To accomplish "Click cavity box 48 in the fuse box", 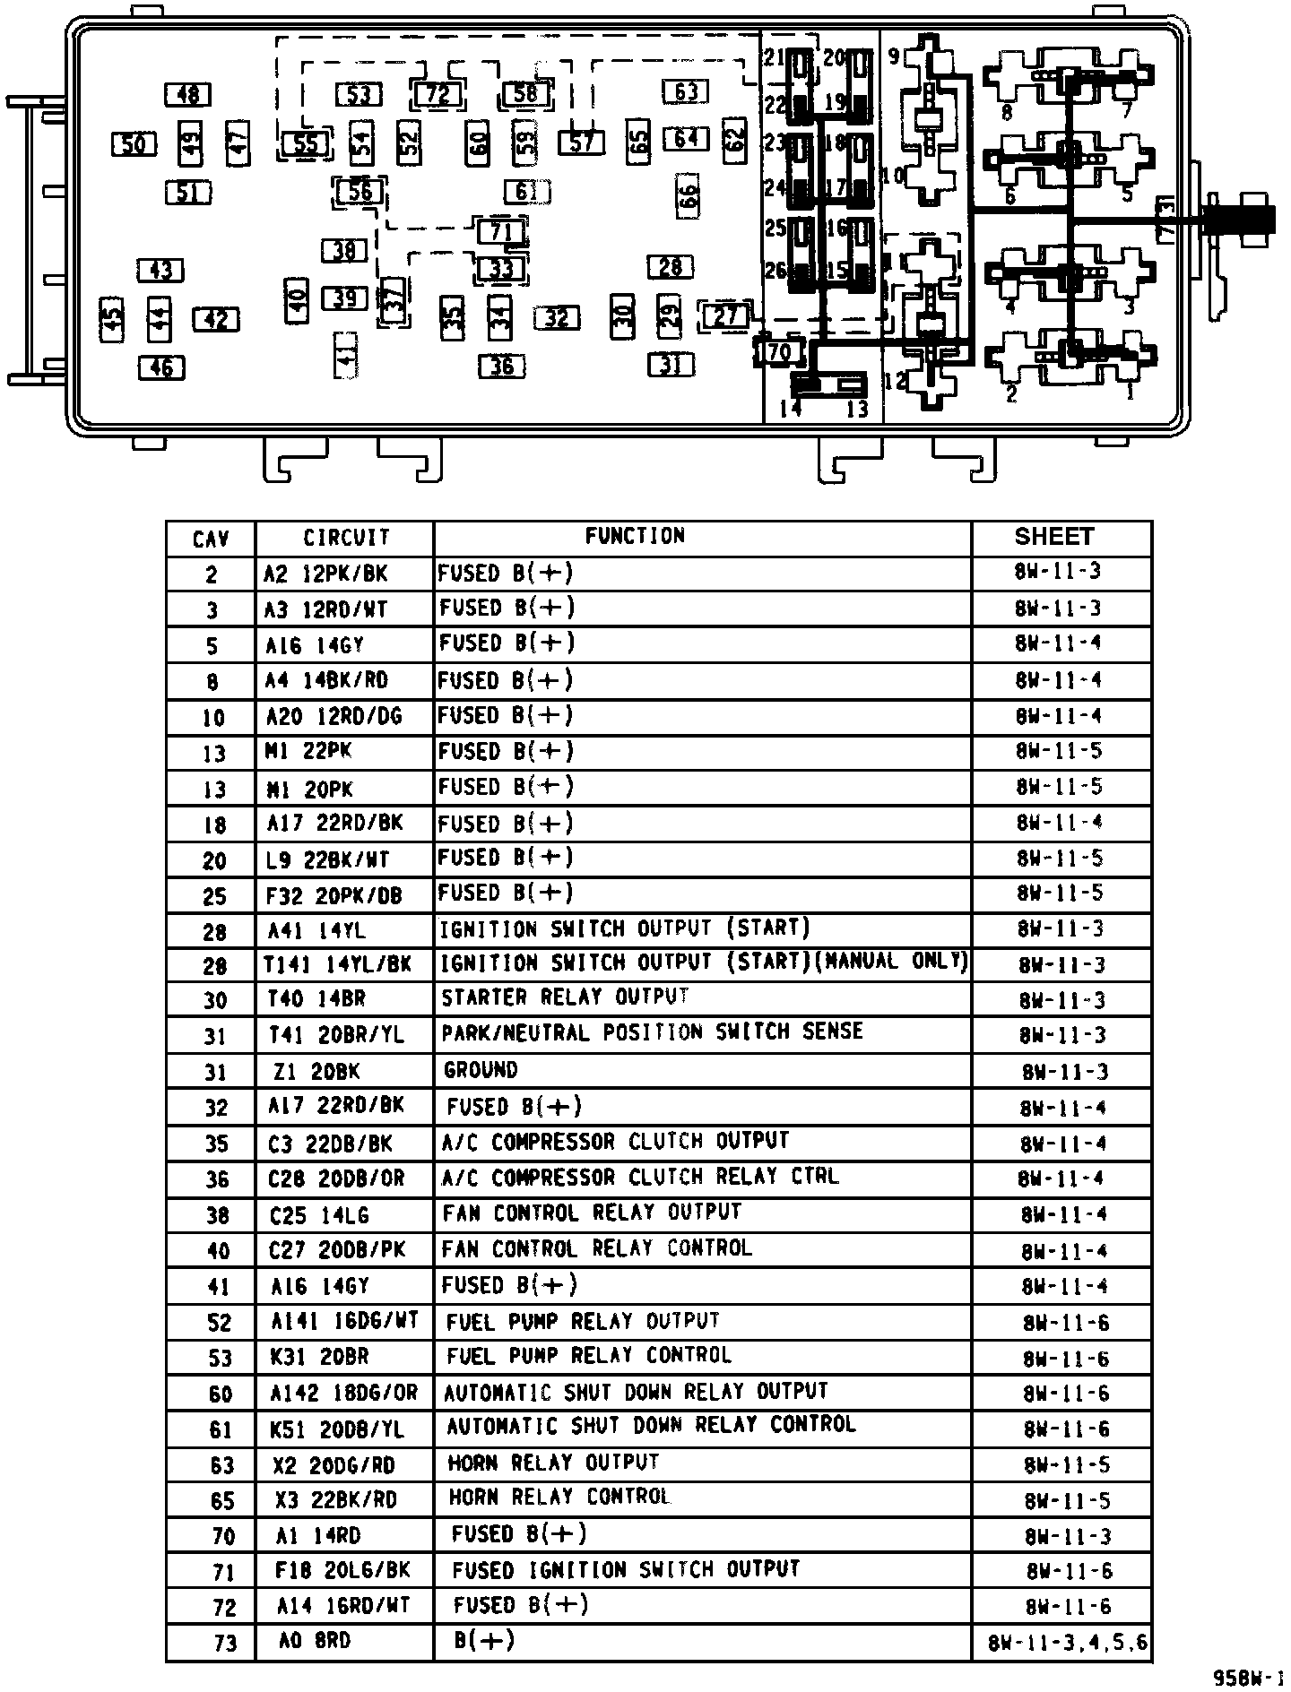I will [188, 94].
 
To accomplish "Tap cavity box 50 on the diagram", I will [134, 142].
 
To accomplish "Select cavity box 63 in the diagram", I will [686, 91].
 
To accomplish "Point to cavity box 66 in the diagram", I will [688, 196].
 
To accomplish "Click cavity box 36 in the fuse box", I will [502, 366].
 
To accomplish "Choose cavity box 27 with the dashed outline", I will [726, 315].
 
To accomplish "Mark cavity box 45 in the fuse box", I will [111, 320].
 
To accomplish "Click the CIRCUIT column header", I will [345, 538].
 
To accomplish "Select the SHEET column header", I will [1054, 537].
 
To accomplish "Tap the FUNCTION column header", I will [635, 536].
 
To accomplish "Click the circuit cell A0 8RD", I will [315, 1641].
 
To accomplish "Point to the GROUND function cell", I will [481, 1070].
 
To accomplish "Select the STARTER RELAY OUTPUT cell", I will [566, 997].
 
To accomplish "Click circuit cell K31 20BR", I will [319, 1357].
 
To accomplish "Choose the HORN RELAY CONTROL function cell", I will [559, 1498].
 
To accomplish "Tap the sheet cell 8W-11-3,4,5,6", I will [1067, 1644].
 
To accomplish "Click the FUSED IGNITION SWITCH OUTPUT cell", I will [625, 1570].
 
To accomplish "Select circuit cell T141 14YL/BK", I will [337, 964].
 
